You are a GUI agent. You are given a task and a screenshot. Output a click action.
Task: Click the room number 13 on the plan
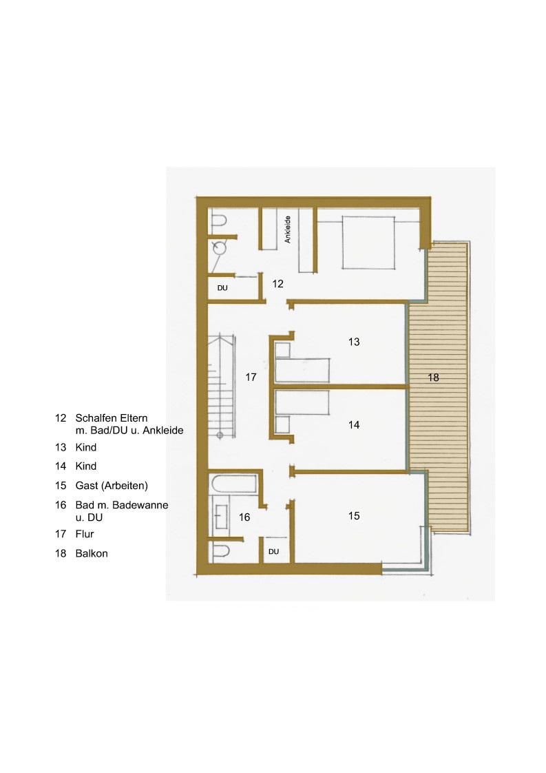pos(354,342)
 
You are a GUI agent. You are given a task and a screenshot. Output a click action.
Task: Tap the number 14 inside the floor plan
pos(354,425)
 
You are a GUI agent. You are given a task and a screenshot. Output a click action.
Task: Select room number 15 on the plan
pos(354,515)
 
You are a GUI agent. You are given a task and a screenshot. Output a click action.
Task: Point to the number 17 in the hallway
pos(251,377)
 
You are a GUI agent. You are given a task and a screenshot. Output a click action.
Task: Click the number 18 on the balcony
pos(433,377)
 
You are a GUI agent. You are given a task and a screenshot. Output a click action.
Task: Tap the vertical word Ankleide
pos(288,229)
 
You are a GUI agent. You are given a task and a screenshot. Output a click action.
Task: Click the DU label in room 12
pos(222,288)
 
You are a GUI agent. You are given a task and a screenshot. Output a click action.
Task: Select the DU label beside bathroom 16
pos(274,552)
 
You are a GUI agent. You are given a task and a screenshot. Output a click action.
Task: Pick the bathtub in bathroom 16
pos(234,484)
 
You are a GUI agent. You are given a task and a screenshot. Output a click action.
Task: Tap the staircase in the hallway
pos(221,386)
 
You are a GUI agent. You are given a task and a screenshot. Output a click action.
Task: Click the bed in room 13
pos(302,370)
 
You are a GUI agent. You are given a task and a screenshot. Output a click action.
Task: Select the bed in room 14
pos(302,403)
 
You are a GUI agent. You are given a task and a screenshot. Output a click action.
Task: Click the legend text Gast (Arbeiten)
pos(112,486)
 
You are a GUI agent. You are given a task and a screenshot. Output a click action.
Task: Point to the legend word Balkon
pos(92,553)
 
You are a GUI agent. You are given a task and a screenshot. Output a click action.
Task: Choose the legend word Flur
pos(85,534)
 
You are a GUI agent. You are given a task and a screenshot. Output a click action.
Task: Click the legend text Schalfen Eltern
pos(112,418)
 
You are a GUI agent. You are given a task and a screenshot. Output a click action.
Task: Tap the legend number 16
pos(61,505)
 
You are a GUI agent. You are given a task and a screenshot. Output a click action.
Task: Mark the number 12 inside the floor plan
pos(278,283)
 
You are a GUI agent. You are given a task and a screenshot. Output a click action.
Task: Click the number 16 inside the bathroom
pos(244,517)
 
